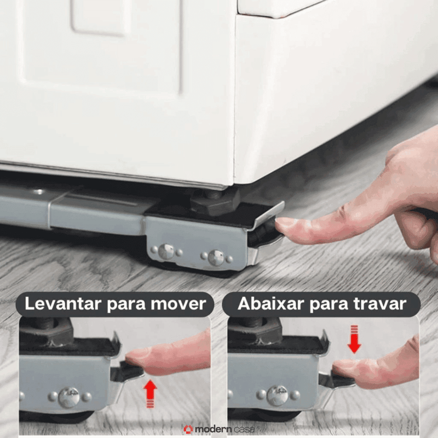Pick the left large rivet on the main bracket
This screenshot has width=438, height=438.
click(x=166, y=252)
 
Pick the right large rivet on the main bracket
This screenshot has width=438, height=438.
click(x=216, y=257)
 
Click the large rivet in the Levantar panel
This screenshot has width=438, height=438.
click(x=69, y=397)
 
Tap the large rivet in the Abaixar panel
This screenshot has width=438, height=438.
click(x=278, y=396)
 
